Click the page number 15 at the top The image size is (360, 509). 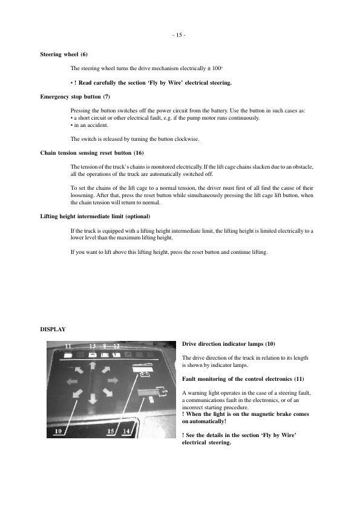(180, 34)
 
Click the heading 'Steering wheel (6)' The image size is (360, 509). (64, 54)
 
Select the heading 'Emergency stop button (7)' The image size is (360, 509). (75, 97)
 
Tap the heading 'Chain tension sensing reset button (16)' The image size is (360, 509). (92, 152)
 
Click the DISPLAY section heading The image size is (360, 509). (53, 329)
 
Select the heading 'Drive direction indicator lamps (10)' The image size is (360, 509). (228, 343)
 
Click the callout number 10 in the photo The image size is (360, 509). (59, 431)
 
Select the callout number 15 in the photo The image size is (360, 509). (111, 431)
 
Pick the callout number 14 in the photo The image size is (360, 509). (126, 431)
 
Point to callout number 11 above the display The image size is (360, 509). (68, 346)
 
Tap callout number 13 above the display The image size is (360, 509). (93, 346)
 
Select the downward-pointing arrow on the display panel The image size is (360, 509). (93, 400)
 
